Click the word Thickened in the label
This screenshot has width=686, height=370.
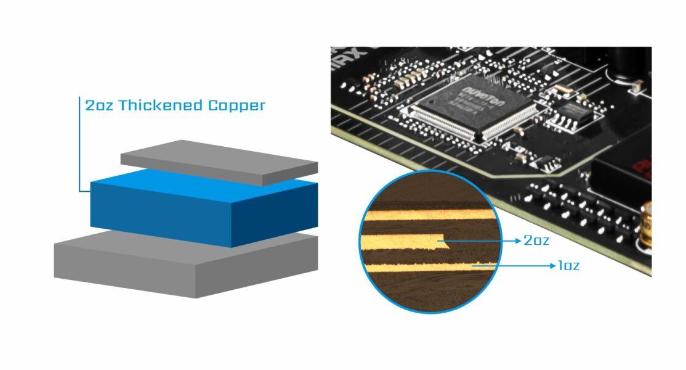pyautogui.click(x=161, y=105)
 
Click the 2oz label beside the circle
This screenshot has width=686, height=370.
pyautogui.click(x=536, y=240)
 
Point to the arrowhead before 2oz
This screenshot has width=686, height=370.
pyautogui.click(x=517, y=240)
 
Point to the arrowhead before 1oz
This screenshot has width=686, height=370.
pyautogui.click(x=551, y=266)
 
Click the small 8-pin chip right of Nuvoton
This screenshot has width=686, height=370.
pyautogui.click(x=576, y=112)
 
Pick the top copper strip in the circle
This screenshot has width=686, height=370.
pyautogui.click(x=425, y=216)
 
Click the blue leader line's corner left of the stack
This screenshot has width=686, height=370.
pyautogui.click(x=81, y=191)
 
